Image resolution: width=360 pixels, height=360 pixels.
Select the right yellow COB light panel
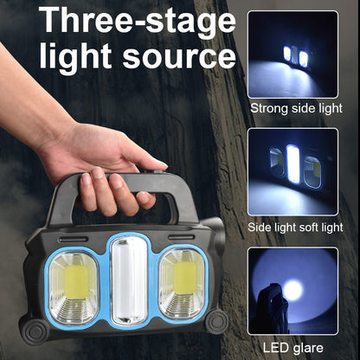coord(183,283)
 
